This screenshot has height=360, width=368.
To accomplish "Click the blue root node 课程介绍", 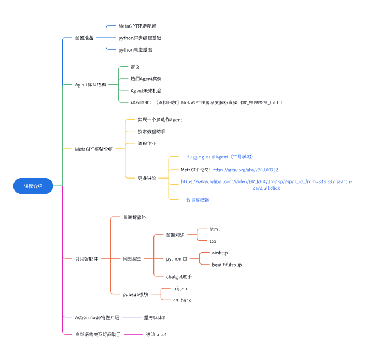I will pos(33,185).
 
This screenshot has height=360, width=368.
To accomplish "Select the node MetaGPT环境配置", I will pos(137,26).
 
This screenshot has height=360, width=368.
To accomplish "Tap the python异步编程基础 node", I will pos(143,38).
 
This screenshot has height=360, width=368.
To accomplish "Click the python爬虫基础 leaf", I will pos(135,50).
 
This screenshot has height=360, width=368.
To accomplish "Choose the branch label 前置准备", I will pos(84,38).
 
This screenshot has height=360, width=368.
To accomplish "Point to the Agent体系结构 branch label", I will pos(90,85).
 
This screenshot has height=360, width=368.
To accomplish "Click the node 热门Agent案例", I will pos(146,79).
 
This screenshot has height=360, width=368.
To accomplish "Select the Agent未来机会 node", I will pos(146,90).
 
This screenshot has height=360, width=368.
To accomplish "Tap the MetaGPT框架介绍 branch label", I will pos(94,149).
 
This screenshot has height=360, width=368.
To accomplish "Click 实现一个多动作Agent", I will pos(160,120).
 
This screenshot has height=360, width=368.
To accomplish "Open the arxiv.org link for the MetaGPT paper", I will pos(245,170).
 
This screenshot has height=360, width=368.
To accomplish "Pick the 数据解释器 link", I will pos(198,200).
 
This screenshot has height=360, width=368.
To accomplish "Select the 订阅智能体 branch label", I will pos(87,259).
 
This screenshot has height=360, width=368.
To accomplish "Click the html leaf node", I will pos(214,229).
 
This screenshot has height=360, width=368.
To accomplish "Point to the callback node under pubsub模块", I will pos(182,300).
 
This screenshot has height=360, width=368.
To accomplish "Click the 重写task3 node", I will pos(154,317).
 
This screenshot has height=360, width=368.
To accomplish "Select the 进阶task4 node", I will pos(156,335).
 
